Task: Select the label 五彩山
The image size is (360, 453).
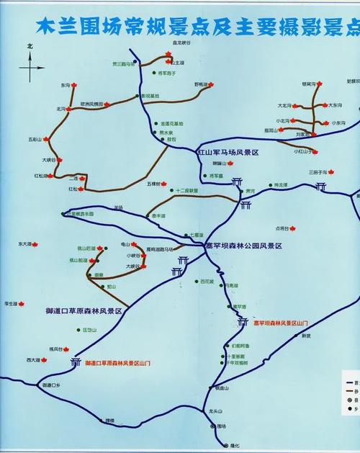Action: [x=35, y=139]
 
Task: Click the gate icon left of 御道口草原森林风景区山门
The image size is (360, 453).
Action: [x=76, y=362]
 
